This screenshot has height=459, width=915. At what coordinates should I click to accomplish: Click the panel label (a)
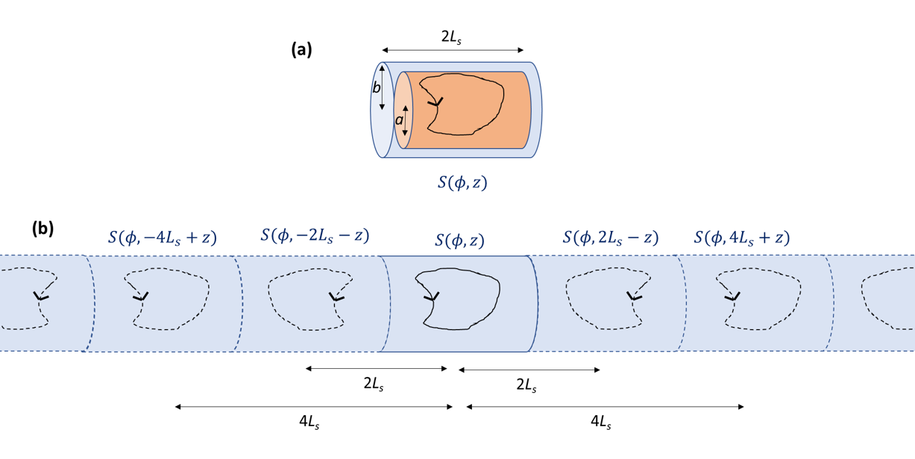pyautogui.click(x=301, y=50)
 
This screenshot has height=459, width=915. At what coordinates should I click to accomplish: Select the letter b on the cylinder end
pyautogui.click(x=377, y=88)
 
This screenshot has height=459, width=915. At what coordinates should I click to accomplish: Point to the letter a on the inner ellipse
pyautogui.click(x=399, y=119)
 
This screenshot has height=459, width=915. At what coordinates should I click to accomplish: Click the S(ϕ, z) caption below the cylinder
pyautogui.click(x=462, y=182)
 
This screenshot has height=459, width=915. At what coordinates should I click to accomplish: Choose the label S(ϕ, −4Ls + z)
pyautogui.click(x=163, y=237)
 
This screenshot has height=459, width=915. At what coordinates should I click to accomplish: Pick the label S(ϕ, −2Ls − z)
pyautogui.click(x=315, y=235)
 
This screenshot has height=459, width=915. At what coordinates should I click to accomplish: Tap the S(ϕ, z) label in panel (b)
pyautogui.click(x=459, y=240)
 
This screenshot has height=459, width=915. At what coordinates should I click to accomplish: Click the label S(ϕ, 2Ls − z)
pyautogui.click(x=610, y=237)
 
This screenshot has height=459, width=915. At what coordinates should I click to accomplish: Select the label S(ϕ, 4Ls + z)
pyautogui.click(x=741, y=237)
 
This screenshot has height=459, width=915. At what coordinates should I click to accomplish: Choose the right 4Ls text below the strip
pyautogui.click(x=600, y=422)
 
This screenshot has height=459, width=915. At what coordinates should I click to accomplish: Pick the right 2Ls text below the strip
pyautogui.click(x=526, y=385)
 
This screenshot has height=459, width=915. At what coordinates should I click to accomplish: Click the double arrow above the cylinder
pyautogui.click(x=453, y=51)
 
